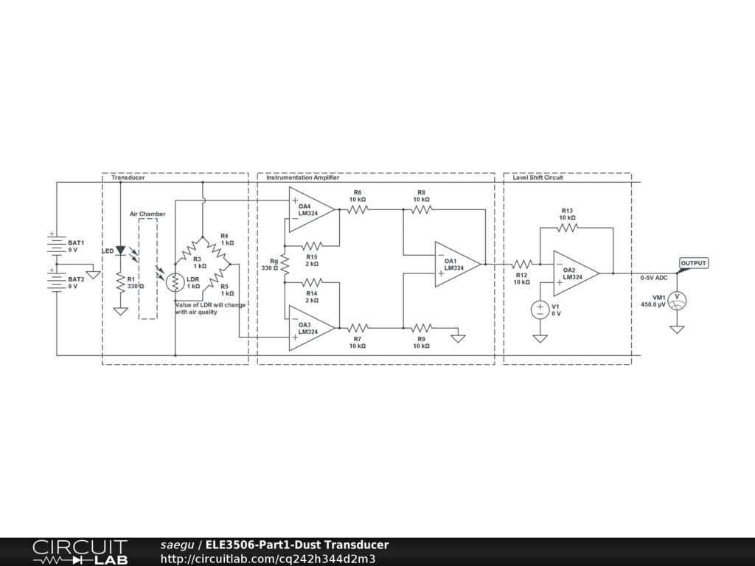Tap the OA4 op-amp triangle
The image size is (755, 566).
(310, 209)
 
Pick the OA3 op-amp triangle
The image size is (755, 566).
(310, 329)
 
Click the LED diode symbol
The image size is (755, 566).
(120, 251)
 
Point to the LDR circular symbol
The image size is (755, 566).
(175, 282)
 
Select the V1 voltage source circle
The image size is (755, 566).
(540, 310)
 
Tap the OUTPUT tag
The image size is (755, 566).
(692, 264)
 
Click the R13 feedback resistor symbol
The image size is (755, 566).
(567, 228)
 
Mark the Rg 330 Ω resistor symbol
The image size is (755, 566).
(284, 264)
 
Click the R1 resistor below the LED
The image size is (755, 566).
(120, 282)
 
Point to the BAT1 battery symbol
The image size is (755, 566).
(57, 244)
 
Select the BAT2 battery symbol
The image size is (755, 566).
(57, 281)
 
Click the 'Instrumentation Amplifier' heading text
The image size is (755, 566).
(302, 178)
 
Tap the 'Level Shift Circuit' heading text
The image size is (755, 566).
(537, 178)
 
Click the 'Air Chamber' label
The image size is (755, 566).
(147, 214)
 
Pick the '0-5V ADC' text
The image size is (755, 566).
(654, 278)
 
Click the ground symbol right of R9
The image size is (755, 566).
(458, 338)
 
